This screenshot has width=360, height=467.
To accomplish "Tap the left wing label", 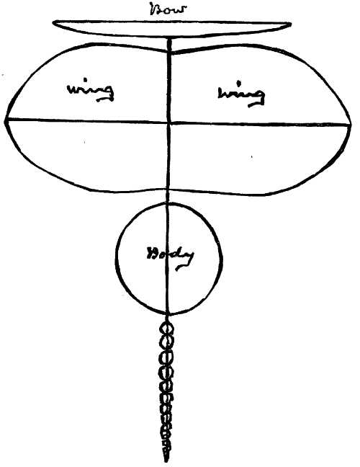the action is point(91,92).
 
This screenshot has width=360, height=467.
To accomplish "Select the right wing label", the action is point(240,94).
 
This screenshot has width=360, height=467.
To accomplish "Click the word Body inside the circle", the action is point(171,257).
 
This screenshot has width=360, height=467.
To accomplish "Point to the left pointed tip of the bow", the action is point(53,22).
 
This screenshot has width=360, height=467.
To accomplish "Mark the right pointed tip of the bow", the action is point(291,24).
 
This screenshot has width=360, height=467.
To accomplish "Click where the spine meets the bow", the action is point(170,38).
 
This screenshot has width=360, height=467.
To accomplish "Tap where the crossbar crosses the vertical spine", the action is point(169,122).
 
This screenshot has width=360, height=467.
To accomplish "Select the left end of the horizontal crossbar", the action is point(6,120).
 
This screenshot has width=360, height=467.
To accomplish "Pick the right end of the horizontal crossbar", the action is point(351,125).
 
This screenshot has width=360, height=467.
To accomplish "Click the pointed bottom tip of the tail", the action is point(166,461).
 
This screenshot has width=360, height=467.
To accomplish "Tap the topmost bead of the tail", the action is point(167,329).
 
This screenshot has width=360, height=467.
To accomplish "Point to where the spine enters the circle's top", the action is point(168,203).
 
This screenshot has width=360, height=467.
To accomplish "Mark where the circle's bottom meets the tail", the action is point(168,314).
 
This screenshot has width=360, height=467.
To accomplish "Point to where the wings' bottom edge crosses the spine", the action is point(168,190).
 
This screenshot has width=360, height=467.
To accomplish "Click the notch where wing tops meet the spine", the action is point(170,52).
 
